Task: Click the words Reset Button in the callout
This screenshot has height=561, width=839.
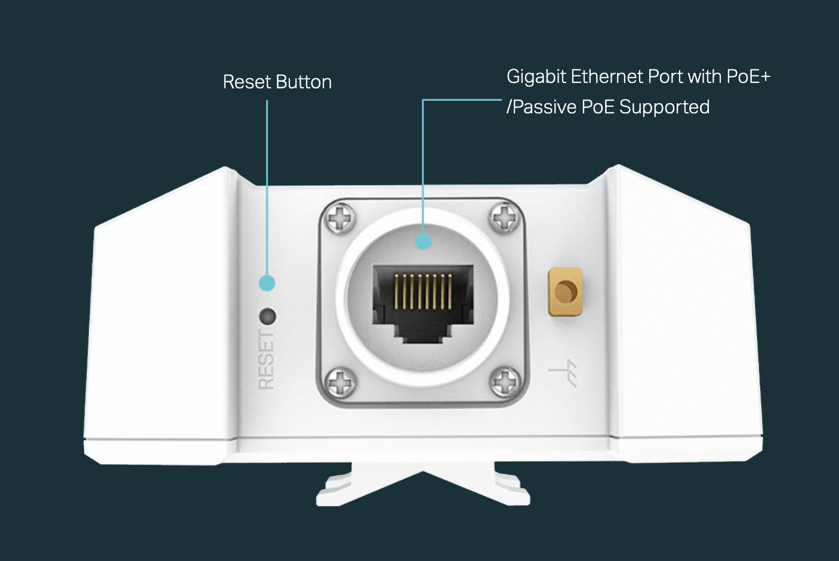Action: pyautogui.click(x=277, y=82)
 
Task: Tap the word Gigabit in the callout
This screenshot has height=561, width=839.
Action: pyautogui.click(x=536, y=77)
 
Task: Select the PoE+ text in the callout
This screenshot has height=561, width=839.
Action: pyautogui.click(x=748, y=76)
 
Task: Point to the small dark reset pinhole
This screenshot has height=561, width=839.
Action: pyautogui.click(x=267, y=316)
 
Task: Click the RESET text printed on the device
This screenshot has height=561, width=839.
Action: pyautogui.click(x=266, y=360)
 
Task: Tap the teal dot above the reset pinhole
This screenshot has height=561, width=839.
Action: pyautogui.click(x=267, y=283)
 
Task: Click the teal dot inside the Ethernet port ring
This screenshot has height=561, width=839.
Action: pyautogui.click(x=422, y=241)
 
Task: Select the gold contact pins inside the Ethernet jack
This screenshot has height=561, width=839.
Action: pyautogui.click(x=423, y=291)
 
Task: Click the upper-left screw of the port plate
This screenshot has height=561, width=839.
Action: pyautogui.click(x=343, y=218)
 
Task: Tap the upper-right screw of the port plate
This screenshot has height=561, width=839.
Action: pyautogui.click(x=504, y=217)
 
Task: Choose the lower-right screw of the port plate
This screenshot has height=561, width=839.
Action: pyautogui.click(x=505, y=381)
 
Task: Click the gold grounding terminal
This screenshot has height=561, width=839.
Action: pyautogui.click(x=565, y=292)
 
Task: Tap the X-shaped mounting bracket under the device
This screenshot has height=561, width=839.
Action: pyautogui.click(x=423, y=486)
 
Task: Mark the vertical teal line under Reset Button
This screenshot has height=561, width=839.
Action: pyautogui.click(x=267, y=185)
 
